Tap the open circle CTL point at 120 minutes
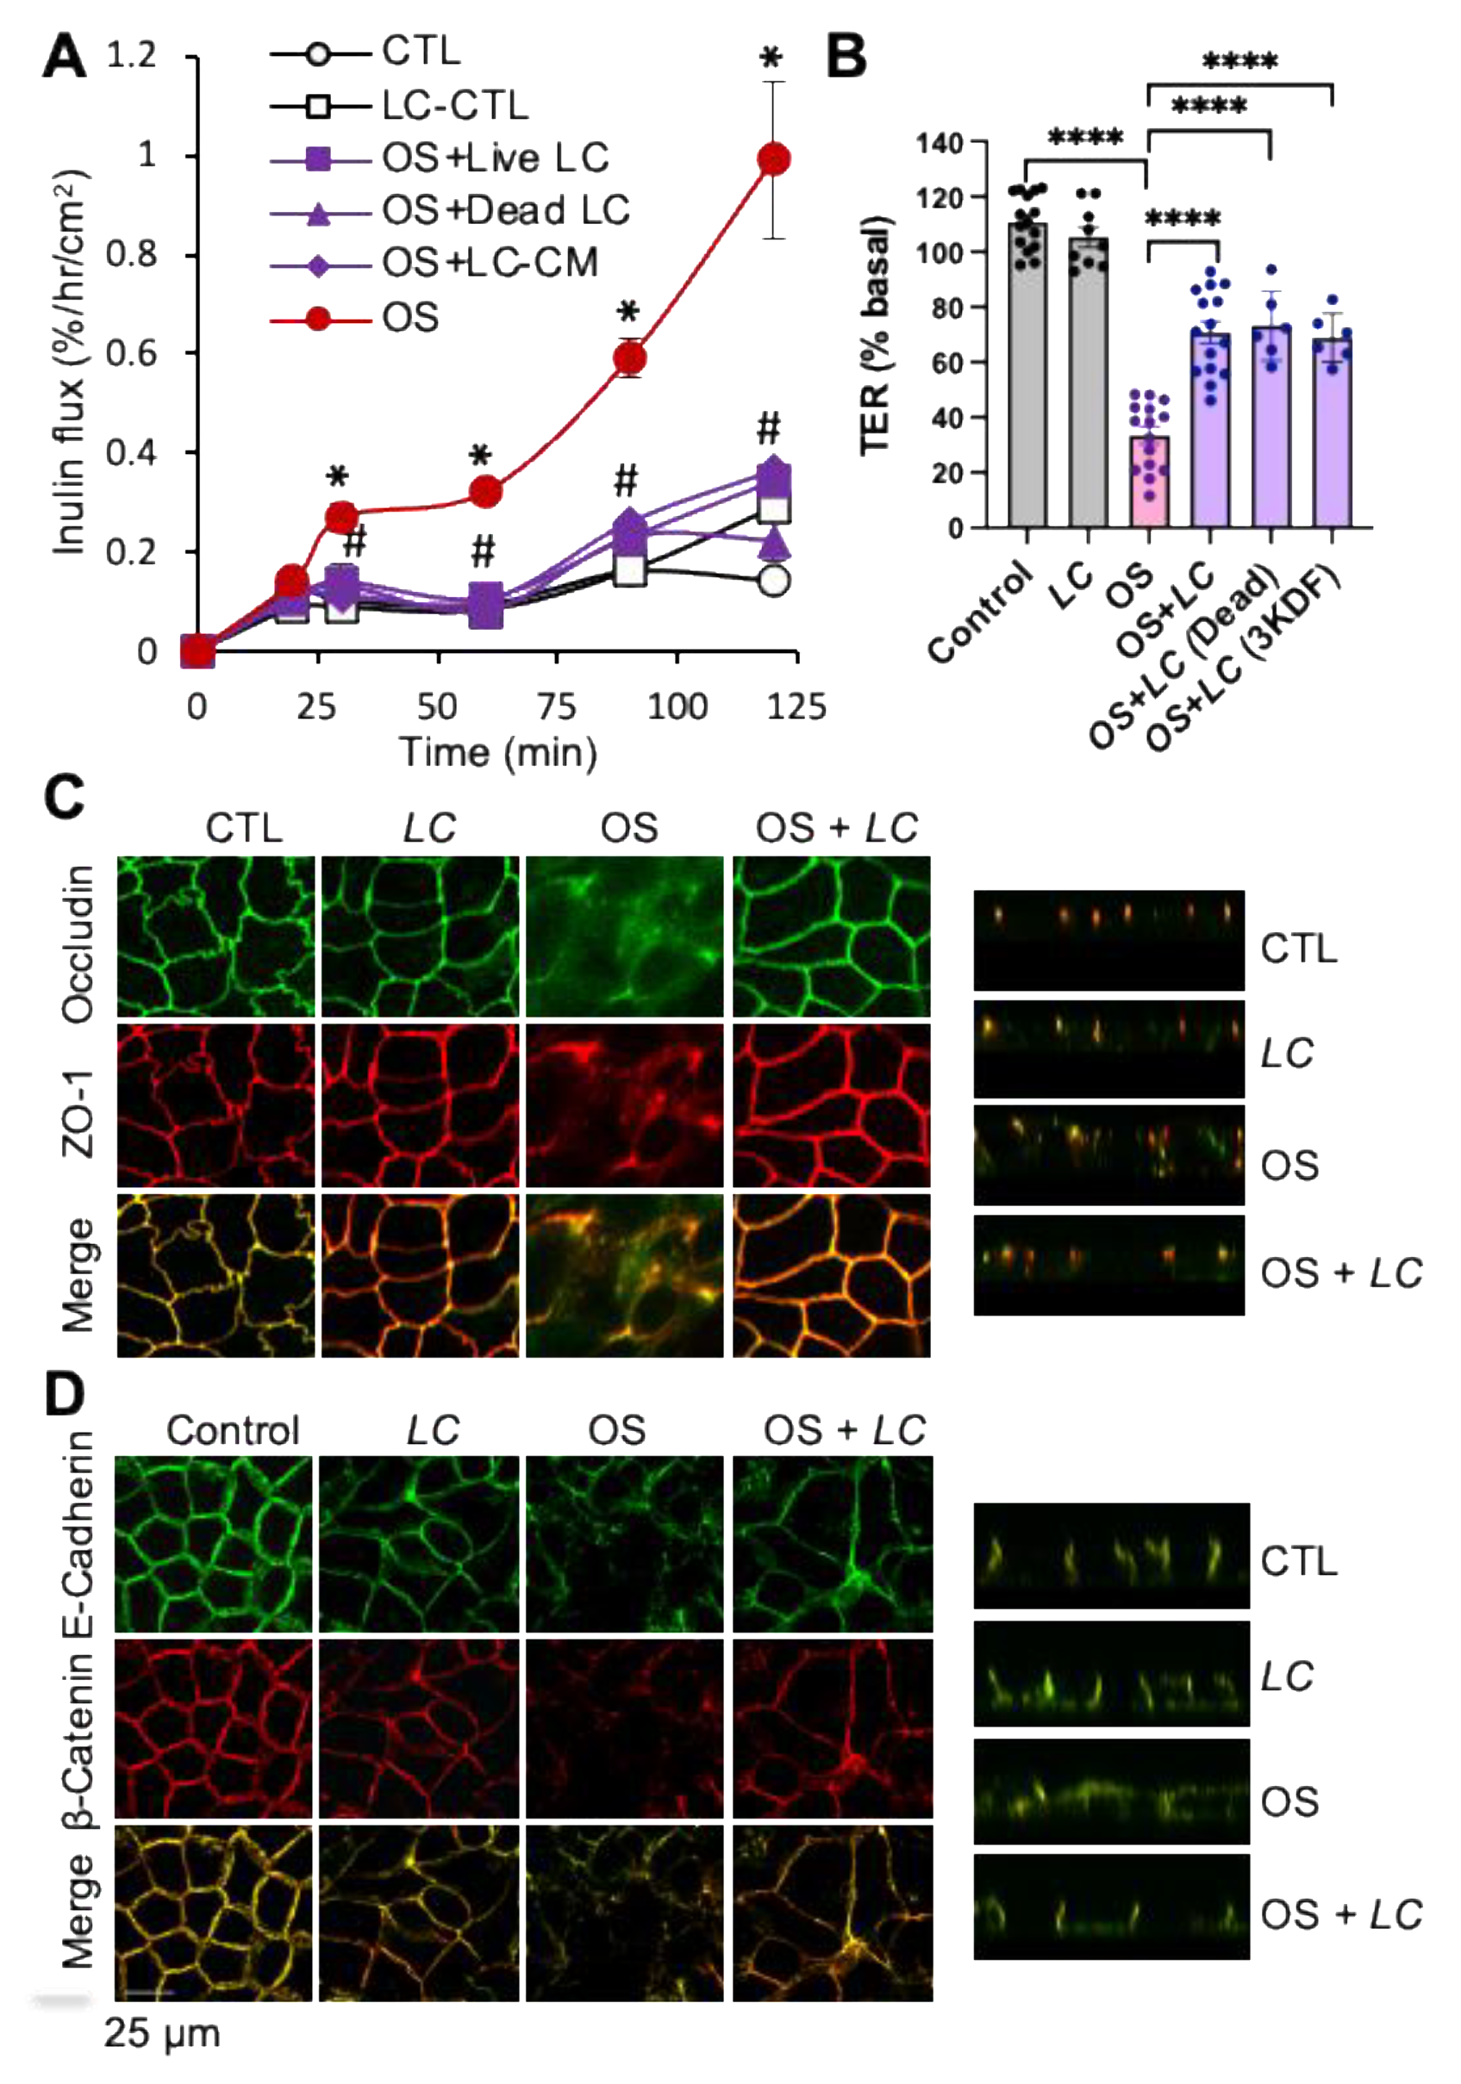click(x=774, y=581)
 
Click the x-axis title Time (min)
click(x=497, y=752)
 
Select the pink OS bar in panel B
click(x=1149, y=481)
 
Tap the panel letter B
click(x=846, y=56)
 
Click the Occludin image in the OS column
click(x=625, y=936)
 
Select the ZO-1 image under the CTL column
click(x=216, y=1104)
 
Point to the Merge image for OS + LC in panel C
click(x=831, y=1275)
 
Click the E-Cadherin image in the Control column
click(x=214, y=1545)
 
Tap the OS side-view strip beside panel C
click(x=1108, y=1154)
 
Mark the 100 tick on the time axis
click(x=677, y=706)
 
